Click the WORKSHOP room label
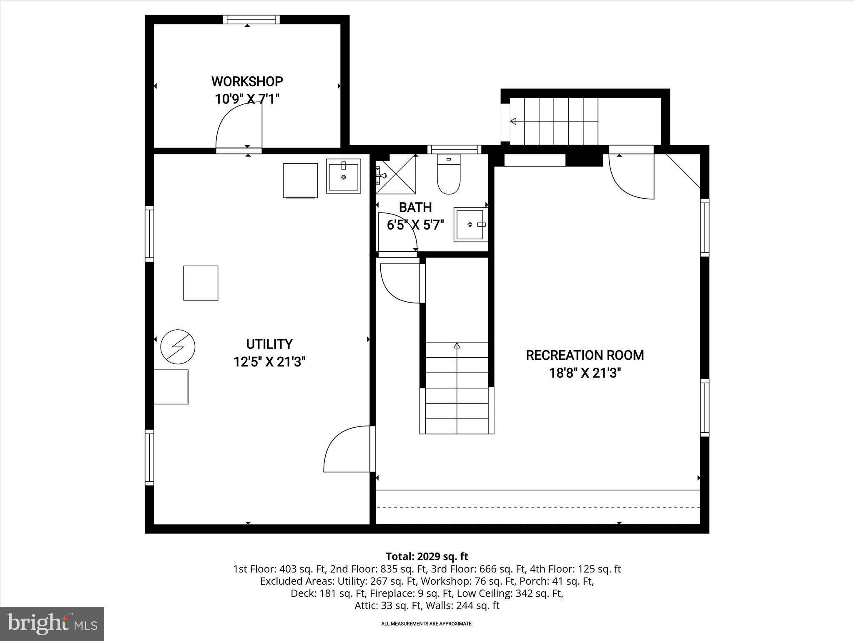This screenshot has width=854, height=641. pyautogui.click(x=247, y=81)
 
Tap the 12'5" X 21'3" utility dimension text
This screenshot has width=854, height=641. pyautogui.click(x=269, y=362)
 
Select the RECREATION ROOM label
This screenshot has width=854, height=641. pyautogui.click(x=585, y=355)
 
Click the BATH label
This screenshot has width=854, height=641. pyautogui.click(x=415, y=207)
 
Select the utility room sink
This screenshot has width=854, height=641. pyautogui.click(x=343, y=176)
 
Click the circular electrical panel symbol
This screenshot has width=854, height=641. pyautogui.click(x=178, y=346)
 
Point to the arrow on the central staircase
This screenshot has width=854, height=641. pyautogui.click(x=457, y=346)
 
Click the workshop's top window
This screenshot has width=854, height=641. pyautogui.click(x=251, y=20)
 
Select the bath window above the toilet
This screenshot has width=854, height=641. pyautogui.click(x=454, y=149)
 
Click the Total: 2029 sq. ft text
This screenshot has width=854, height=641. pyautogui.click(x=427, y=556)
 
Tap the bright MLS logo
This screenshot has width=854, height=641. pyautogui.click(x=52, y=623)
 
